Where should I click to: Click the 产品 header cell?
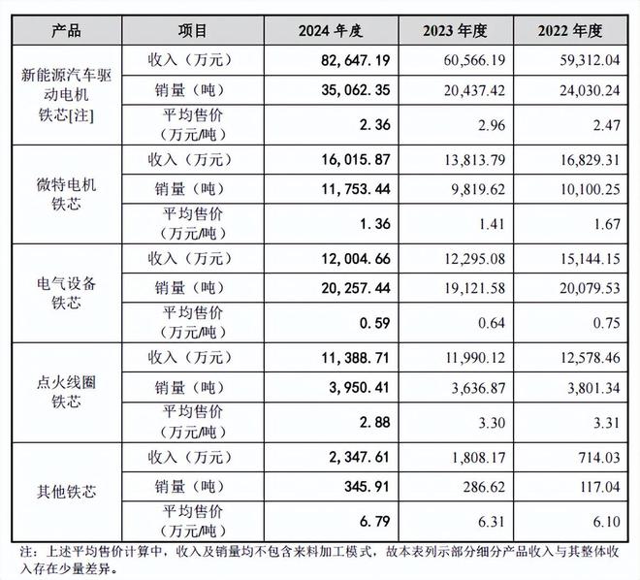point(63,32)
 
